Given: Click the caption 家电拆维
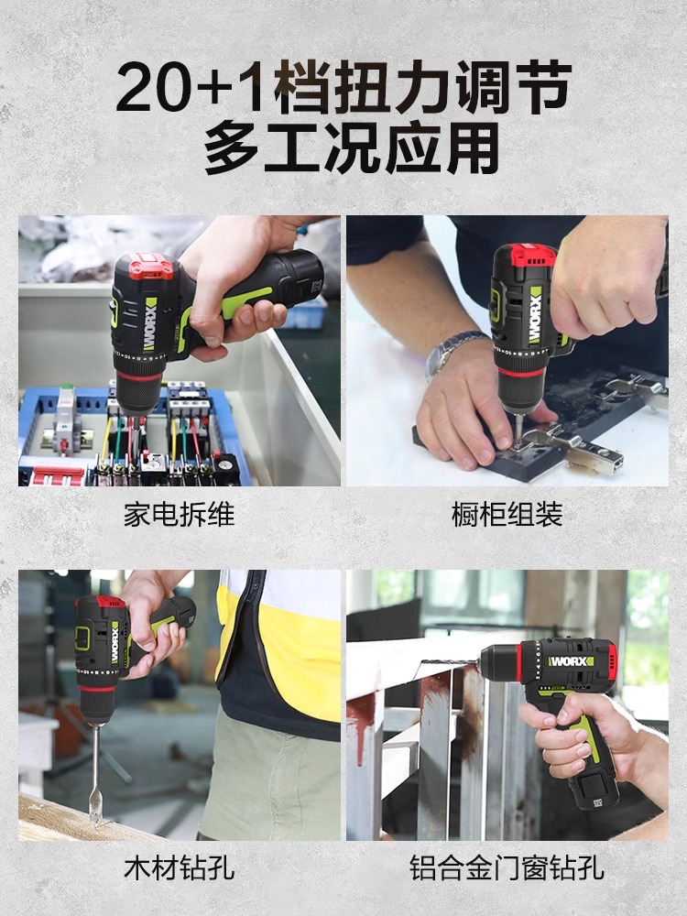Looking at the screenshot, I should (x=179, y=515).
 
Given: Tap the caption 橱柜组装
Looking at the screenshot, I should (x=507, y=515).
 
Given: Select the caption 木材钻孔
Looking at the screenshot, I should (x=179, y=867).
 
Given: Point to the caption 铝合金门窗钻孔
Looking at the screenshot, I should (x=507, y=867).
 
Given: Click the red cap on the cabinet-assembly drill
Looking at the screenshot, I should (x=525, y=256).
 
